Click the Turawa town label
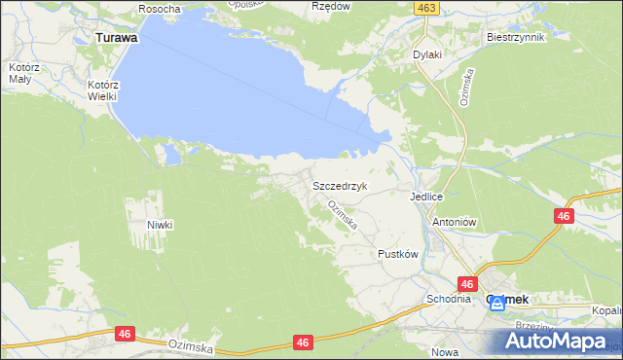pyautogui.click(x=116, y=37)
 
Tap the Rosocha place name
pyautogui.click(x=160, y=9)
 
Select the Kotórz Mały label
pyautogui.click(x=22, y=73)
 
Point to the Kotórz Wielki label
pyautogui.click(x=102, y=90)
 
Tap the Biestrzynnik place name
pyautogui.click(x=515, y=37)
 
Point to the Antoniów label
pyautogui.click(x=453, y=221)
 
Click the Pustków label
pyautogui.click(x=397, y=254)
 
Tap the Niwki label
pyautogui.click(x=160, y=225)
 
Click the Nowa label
pyautogui.click(x=444, y=352)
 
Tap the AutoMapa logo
pyautogui.click(x=561, y=342)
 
